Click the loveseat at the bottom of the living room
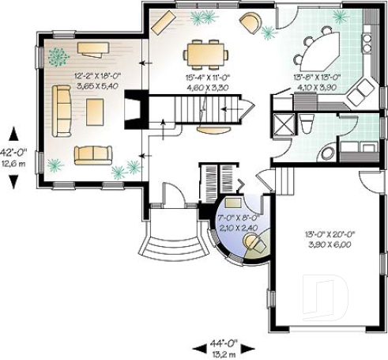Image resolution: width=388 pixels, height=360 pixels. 88,154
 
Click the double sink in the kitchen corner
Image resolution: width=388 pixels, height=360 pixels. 368,40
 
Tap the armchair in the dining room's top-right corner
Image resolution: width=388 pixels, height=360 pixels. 250,23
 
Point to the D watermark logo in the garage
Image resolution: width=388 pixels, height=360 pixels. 327,297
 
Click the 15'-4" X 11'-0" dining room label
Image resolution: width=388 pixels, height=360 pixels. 207,83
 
